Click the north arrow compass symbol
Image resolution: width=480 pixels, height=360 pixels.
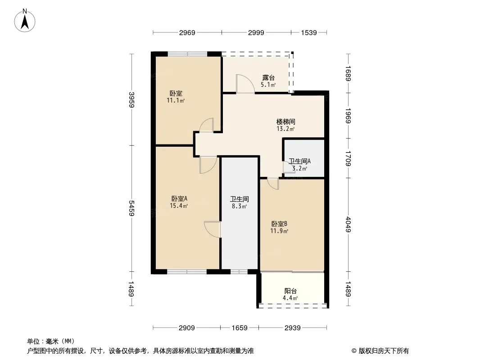point(25,21)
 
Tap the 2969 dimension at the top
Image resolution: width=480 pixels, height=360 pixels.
point(187,32)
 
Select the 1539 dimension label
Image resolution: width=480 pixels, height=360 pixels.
point(309,32)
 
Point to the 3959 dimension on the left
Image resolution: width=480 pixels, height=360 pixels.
point(131,100)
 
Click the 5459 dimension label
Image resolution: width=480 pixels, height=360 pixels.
point(131,208)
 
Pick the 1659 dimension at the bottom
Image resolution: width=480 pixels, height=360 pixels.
point(240,328)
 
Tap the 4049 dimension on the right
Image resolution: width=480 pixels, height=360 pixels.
point(348,224)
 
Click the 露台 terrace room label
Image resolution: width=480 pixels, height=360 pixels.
point(268,78)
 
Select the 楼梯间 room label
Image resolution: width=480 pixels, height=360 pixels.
point(285,122)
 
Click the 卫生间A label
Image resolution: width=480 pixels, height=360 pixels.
point(300,161)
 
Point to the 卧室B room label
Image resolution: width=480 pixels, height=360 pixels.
point(279,224)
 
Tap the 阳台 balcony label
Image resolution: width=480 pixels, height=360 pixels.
point(290,291)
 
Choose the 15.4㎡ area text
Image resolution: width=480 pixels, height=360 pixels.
point(179,206)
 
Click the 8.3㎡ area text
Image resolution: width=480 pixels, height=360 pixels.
point(240,206)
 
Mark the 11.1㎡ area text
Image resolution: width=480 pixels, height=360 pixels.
point(176,100)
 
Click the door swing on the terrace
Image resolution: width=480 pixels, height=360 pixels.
point(245,84)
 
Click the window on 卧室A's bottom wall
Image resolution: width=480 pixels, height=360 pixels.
point(187,271)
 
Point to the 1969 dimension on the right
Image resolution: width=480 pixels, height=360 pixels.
point(348,116)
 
